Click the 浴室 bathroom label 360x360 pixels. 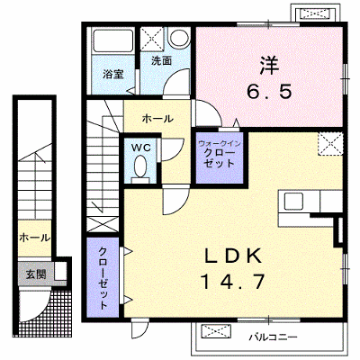(x=113, y=74)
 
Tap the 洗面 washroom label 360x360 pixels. (x=161, y=61)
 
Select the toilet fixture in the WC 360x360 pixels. (x=140, y=169)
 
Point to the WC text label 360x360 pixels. (x=140, y=148)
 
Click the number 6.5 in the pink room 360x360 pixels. (x=269, y=91)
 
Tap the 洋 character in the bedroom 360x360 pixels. (x=269, y=66)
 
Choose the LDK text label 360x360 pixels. (x=232, y=256)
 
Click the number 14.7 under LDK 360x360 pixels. (x=232, y=282)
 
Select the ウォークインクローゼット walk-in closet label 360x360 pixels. (x=220, y=153)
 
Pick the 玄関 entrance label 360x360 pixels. (x=36, y=274)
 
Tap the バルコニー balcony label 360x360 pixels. (x=273, y=337)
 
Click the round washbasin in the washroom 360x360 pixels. (x=179, y=37)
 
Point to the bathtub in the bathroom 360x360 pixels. (x=112, y=41)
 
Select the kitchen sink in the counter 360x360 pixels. (x=293, y=201)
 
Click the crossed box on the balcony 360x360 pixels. (x=216, y=332)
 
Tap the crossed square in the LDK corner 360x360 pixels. (x=330, y=144)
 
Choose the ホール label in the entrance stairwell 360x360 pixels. (x=34, y=238)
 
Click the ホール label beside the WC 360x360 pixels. (x=157, y=119)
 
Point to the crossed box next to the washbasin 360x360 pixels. (x=152, y=38)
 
